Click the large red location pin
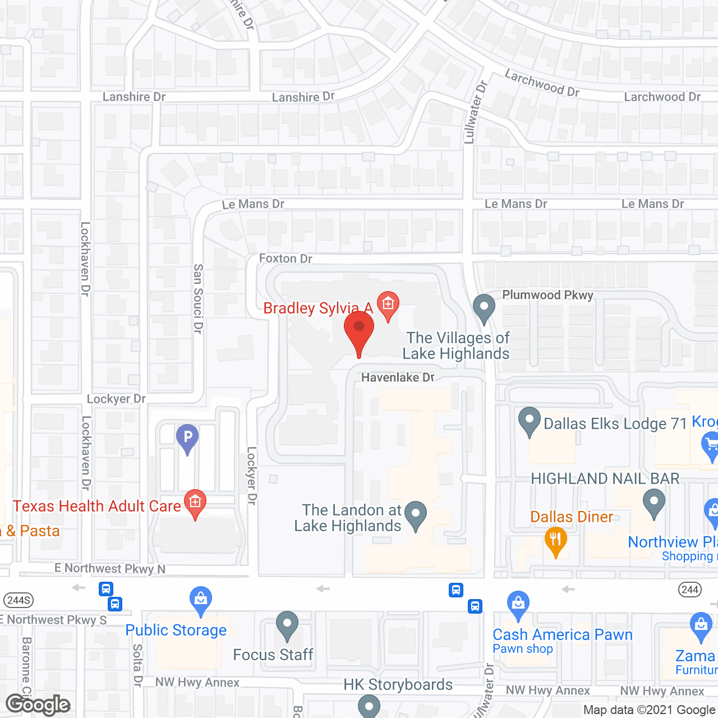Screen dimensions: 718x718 click(359, 331)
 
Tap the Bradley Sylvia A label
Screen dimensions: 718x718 click(318, 308)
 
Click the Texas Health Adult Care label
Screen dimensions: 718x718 click(96, 506)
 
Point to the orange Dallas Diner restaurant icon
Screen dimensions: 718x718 click(555, 541)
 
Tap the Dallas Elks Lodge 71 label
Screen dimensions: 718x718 click(615, 424)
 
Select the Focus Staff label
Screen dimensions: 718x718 click(273, 655)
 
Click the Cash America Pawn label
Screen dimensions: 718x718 click(562, 634)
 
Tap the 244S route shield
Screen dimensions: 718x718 click(19, 600)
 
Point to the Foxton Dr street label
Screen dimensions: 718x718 click(286, 259)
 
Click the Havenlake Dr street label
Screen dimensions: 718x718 click(398, 378)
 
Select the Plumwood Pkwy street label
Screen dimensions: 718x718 click(547, 295)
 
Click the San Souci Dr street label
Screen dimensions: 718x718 click(197, 298)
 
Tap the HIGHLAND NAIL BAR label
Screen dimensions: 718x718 click(605, 478)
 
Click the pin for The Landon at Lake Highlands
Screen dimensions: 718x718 click(416, 515)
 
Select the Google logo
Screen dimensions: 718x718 click(38, 705)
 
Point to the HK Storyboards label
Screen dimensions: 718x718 click(398, 684)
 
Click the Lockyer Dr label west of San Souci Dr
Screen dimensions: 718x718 click(116, 399)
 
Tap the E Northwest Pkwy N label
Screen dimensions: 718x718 click(110, 569)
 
